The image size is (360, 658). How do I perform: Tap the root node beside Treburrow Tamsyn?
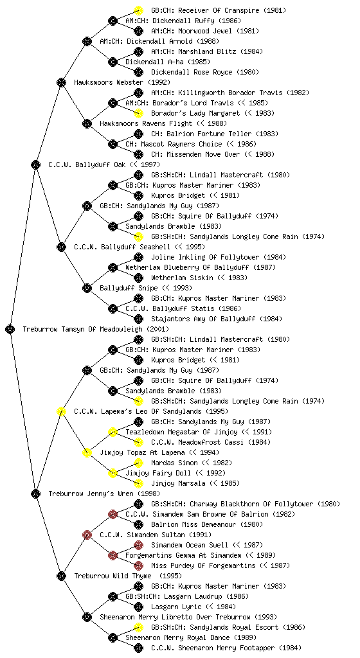10,329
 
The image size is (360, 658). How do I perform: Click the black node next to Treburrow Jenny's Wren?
35,493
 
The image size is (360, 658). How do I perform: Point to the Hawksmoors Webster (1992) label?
122,82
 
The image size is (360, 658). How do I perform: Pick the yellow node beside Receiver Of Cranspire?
138,10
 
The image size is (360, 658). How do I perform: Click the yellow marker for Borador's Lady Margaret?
138,113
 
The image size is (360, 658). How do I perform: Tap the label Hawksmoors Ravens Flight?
146,123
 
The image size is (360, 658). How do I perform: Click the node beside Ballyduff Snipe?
87,288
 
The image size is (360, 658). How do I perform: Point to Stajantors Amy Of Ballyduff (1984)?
217,319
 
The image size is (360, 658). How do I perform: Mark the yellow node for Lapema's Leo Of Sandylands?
61,411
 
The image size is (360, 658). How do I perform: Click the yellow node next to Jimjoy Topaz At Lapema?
87,452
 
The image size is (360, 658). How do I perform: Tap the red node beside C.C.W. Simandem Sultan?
87,535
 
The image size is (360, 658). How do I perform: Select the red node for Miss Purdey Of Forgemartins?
138,565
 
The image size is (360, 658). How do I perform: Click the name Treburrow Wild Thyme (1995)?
128,576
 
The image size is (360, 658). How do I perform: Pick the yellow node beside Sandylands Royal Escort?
138,627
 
